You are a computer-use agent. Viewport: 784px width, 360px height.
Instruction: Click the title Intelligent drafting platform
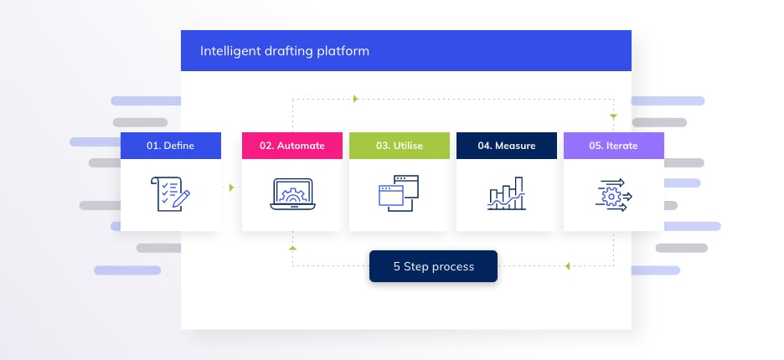(285, 51)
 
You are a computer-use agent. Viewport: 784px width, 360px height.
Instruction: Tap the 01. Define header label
(171, 146)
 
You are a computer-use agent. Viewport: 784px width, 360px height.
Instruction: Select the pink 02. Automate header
(292, 146)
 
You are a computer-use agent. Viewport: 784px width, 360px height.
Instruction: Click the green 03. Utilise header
(399, 146)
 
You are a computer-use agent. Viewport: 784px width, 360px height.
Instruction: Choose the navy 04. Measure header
(507, 146)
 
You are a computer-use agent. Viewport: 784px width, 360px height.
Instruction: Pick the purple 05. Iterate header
(613, 146)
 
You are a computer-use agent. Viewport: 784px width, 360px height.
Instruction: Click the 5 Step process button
(434, 266)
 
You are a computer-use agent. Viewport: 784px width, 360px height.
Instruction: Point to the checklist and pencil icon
(171, 194)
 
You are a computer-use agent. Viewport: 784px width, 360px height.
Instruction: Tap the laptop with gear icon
(292, 194)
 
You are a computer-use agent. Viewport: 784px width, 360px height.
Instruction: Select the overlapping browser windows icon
(399, 193)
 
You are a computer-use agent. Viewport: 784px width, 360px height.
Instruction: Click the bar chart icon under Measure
(507, 193)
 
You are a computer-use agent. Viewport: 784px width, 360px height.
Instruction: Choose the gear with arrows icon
(613, 195)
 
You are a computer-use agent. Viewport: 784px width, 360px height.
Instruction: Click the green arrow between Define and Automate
(231, 188)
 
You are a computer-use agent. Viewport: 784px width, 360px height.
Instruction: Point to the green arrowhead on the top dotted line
(355, 99)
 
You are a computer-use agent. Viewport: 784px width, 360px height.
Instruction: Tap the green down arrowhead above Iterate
(613, 116)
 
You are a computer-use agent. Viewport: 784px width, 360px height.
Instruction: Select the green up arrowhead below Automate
(292, 248)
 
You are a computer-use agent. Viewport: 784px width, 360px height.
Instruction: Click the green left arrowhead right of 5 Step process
(567, 266)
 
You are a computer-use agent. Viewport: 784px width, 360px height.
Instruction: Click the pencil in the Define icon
(181, 198)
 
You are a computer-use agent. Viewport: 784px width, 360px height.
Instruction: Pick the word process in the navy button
(455, 267)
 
